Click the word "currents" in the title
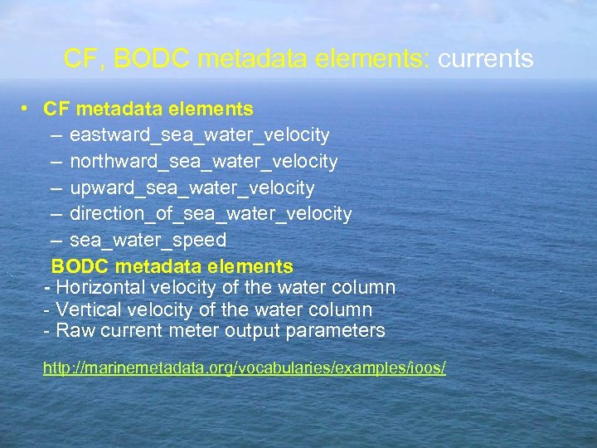(485, 59)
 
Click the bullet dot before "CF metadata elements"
(27, 108)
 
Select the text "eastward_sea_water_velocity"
(199, 134)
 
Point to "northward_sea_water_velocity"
(203, 161)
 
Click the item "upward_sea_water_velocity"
(192, 187)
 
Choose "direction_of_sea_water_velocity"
(211, 214)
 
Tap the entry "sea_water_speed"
(148, 241)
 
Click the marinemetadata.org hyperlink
(244, 367)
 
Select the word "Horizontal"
(96, 288)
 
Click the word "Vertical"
(85, 309)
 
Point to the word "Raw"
(71, 331)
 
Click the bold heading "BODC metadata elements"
(172, 266)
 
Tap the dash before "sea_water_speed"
(55, 241)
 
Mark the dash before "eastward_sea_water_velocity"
(55, 134)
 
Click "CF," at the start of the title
(81, 59)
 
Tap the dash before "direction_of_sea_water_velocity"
(55, 214)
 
